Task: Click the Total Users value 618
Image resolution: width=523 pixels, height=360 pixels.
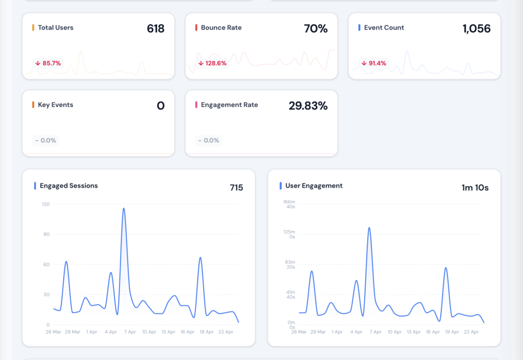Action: tap(155, 29)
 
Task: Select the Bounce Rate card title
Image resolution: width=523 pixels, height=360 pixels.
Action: tap(221, 28)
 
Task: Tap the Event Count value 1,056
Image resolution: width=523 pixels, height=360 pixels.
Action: tap(476, 29)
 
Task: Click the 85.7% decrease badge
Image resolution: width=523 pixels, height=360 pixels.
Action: tap(48, 63)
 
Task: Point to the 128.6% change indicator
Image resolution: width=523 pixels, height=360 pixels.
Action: tap(212, 63)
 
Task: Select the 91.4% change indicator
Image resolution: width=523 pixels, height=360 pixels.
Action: tap(374, 63)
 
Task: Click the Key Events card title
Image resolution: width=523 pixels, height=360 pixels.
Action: tap(55, 105)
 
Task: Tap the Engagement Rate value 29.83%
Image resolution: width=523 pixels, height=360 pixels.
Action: tap(308, 106)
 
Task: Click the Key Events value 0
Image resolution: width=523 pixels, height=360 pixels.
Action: tap(160, 106)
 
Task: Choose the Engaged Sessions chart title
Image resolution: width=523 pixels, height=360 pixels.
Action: tap(68, 186)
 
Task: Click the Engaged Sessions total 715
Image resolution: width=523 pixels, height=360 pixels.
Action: tap(236, 187)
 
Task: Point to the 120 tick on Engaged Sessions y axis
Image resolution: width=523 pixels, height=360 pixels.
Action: tap(45, 204)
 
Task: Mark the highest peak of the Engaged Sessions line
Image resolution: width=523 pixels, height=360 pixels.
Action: tap(124, 208)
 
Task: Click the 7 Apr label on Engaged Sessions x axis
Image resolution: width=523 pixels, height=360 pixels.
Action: tap(130, 332)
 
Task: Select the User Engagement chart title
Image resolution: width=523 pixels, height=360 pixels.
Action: tap(314, 186)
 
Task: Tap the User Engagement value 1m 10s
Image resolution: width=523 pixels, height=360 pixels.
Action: tap(474, 187)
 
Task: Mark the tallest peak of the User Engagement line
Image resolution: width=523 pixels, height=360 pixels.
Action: tap(369, 228)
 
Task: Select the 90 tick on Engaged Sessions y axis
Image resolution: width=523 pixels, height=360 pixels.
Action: tap(46, 234)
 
